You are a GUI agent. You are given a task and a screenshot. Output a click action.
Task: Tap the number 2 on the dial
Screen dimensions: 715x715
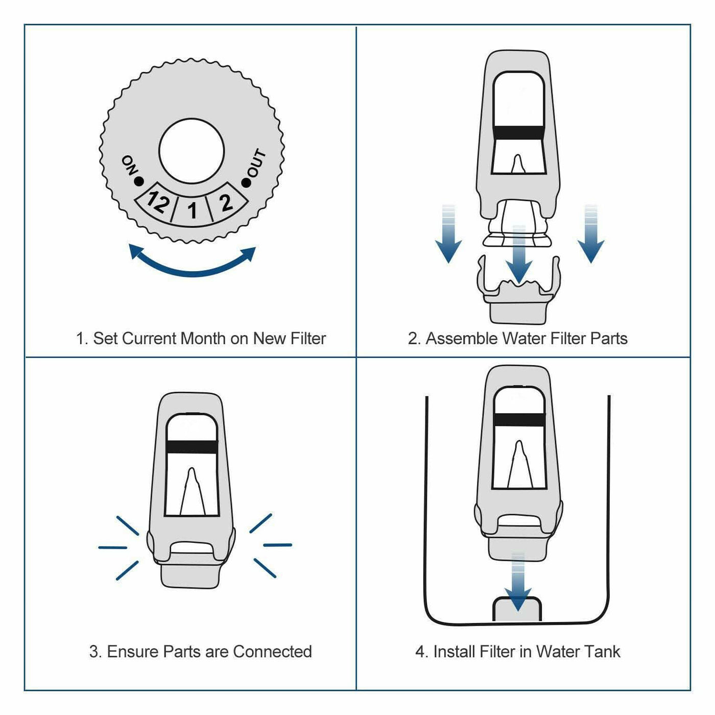[225, 202]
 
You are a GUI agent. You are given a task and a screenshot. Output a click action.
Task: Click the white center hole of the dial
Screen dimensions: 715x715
[192, 151]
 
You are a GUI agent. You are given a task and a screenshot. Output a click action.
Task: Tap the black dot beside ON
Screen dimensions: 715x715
[138, 181]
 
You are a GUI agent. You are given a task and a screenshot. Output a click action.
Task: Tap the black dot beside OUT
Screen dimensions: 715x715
[247, 182]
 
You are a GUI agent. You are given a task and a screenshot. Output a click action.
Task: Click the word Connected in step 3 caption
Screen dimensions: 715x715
[272, 652]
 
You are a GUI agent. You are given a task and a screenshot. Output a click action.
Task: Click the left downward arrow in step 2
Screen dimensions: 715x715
[448, 235]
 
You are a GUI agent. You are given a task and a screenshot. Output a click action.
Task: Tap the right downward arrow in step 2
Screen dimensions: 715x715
[591, 235]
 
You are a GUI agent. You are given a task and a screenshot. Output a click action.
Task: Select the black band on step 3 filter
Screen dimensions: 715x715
[192, 446]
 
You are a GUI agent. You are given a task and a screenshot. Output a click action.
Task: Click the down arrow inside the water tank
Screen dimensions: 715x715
[517, 582]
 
